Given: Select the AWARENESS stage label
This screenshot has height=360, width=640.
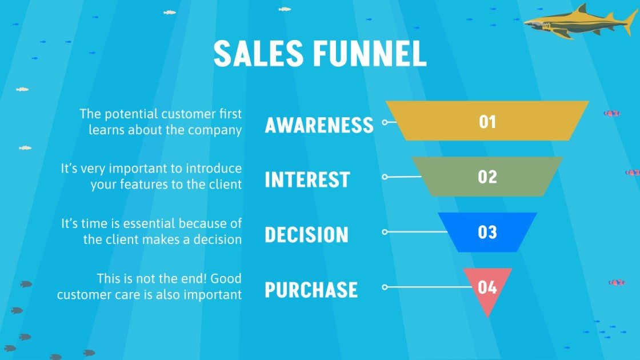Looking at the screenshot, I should click(319, 125).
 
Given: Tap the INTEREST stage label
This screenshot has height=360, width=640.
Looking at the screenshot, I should click(307, 179).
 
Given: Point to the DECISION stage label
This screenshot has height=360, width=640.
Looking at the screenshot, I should click(306, 235).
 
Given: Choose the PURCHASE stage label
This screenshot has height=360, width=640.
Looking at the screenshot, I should click(311, 290).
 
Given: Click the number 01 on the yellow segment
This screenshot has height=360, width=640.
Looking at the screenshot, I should click(487, 122).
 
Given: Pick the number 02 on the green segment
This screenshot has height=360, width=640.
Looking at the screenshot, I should click(487, 177).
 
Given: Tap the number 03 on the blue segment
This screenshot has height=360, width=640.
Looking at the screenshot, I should click(487, 233).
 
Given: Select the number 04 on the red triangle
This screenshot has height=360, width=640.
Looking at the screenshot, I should click(487, 287).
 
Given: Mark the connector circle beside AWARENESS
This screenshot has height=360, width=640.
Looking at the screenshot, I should click(385, 122).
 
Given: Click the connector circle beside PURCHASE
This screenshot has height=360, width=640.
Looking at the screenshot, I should click(385, 287).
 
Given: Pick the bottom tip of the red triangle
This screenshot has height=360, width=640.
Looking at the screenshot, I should click(487, 317).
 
